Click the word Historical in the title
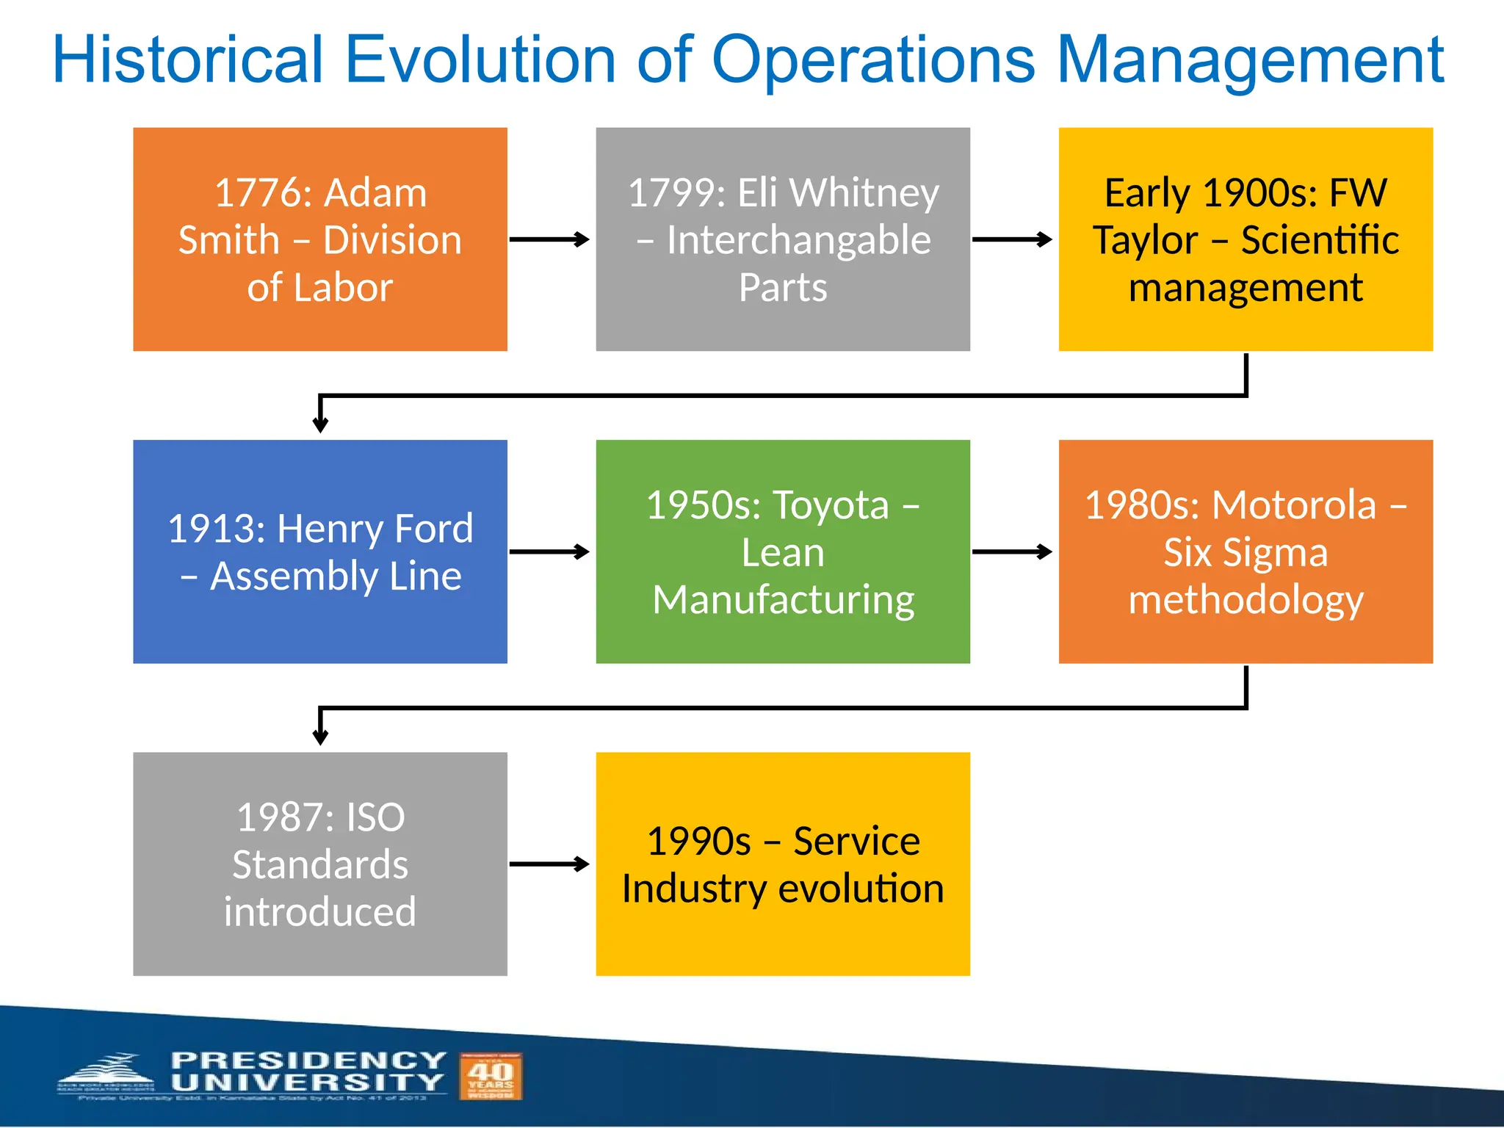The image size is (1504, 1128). tap(188, 60)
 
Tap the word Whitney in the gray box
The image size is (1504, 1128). tap(864, 193)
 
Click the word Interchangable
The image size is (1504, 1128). tap(798, 240)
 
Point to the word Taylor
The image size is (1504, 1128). tap(1145, 240)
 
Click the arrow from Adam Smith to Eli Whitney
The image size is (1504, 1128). tap(549, 239)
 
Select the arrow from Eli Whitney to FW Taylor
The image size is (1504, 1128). tap(1012, 239)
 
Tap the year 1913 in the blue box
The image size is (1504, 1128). tap(217, 529)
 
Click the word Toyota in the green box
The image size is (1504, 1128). tap(831, 505)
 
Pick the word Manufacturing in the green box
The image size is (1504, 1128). tap(783, 600)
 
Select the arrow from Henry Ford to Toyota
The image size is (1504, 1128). tap(549, 552)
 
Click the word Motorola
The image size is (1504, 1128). tap(1293, 505)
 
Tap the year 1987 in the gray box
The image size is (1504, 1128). tap(285, 817)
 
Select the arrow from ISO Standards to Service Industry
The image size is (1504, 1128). tap(549, 864)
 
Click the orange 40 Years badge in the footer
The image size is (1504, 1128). tap(491, 1076)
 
